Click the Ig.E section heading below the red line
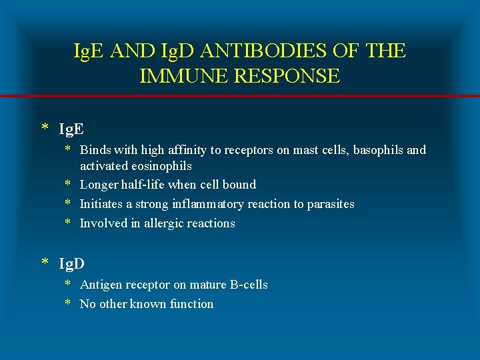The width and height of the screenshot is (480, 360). coord(71,127)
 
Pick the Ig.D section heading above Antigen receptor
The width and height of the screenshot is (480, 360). coord(72,264)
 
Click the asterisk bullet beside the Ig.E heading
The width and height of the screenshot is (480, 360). coord(45,127)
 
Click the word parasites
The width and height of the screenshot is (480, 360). coord(331,204)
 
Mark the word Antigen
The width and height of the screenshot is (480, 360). coord(101,285)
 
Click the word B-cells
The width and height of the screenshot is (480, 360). coord(248,285)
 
